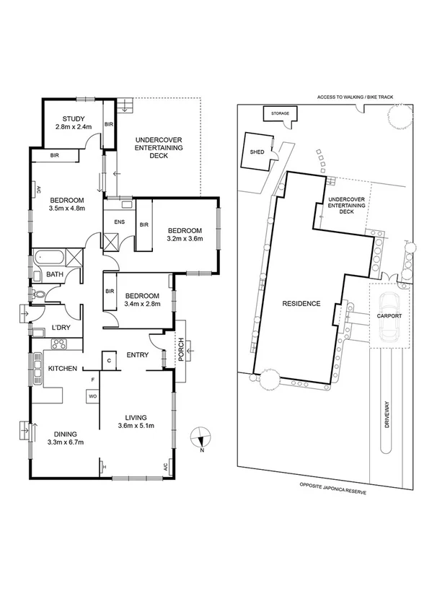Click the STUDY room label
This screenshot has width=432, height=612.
coord(73,119)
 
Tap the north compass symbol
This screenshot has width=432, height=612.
coord(202,437)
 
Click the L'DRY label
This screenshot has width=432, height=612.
coord(61,328)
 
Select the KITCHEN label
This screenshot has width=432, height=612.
coord(62,369)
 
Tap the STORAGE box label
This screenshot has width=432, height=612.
coord(280,114)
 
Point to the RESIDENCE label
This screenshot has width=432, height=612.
coord(301,304)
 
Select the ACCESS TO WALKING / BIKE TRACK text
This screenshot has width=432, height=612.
coord(358,96)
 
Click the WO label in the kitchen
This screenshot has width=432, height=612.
coord(92,396)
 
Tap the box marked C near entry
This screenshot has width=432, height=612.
coord(109,360)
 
